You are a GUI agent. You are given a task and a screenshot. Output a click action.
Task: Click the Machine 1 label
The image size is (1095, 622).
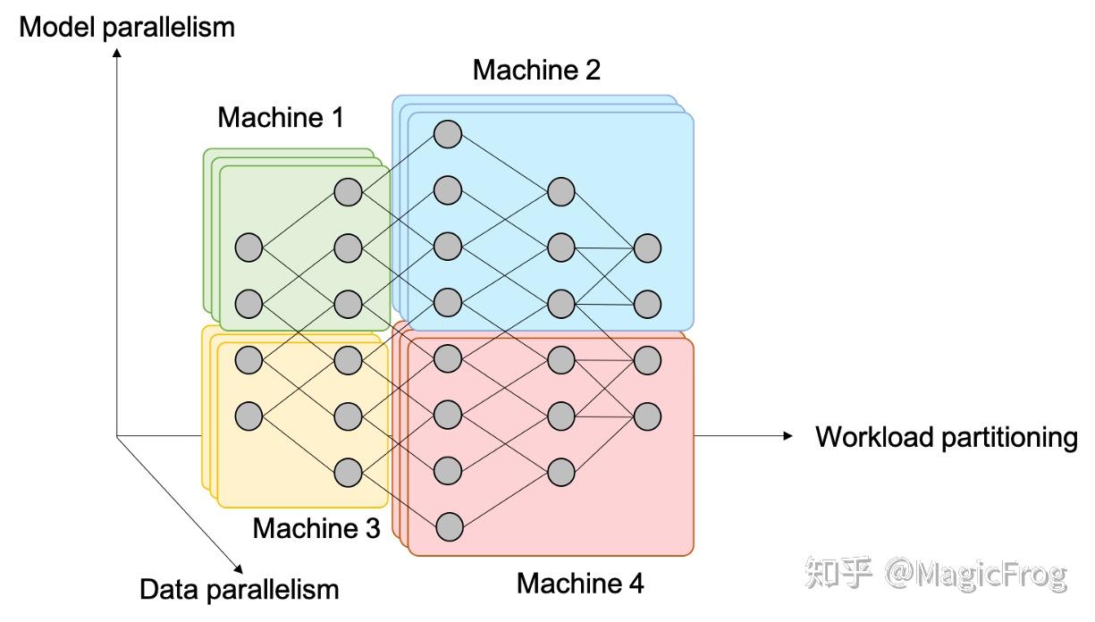tap(280, 117)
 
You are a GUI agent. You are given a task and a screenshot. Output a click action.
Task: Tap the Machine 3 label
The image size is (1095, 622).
tap(316, 527)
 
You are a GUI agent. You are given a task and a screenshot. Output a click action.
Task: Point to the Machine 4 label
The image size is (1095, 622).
tap(580, 584)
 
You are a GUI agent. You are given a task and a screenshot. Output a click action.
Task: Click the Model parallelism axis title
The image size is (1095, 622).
tap(127, 27)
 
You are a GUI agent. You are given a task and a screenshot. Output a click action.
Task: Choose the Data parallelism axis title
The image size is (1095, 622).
tap(240, 589)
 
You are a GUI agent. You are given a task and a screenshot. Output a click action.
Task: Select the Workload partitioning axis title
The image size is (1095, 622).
tap(947, 437)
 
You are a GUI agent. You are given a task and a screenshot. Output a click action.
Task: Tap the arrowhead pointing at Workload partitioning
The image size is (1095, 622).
tap(788, 436)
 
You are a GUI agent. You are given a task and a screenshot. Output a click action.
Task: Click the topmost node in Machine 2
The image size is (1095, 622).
tap(447, 134)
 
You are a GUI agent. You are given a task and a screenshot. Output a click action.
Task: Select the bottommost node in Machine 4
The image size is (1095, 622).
tap(447, 526)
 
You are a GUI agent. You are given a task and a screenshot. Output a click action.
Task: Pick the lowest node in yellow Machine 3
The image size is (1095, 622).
tap(347, 471)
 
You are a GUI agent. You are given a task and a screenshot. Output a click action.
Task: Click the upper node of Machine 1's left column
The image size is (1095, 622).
tap(248, 247)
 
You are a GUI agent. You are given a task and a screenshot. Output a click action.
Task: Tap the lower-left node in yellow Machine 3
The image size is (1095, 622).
tap(248, 415)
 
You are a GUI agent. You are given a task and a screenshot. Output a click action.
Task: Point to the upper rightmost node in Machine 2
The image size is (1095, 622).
tap(647, 248)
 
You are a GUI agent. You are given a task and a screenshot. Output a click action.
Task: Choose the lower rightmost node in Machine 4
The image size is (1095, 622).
tap(647, 415)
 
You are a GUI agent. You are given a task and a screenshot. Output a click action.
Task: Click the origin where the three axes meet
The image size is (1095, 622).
tap(117, 436)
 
